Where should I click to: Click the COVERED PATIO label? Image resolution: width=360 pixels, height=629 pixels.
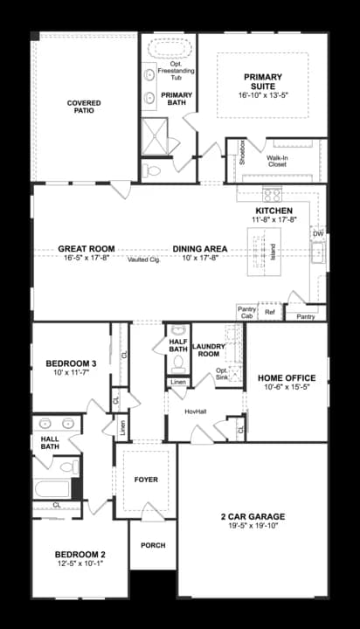(84, 107)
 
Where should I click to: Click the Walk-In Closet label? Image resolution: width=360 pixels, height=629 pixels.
(277, 160)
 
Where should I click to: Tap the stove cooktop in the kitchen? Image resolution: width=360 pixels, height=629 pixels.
(271, 195)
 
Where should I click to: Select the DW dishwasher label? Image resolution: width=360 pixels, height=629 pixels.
(318, 234)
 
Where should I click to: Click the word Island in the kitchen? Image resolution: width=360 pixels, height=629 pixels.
(273, 251)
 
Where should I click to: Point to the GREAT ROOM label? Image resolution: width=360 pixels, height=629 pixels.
(82, 249)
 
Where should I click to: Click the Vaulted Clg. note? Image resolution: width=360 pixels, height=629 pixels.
(142, 259)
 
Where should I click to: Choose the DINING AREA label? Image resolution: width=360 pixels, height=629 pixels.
(200, 249)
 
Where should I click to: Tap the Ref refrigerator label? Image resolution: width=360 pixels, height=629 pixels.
(269, 312)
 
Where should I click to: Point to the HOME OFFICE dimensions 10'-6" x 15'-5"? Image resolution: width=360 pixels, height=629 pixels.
(281, 389)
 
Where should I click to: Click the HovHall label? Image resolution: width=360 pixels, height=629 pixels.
(195, 410)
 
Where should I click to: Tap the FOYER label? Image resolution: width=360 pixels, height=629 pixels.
(146, 480)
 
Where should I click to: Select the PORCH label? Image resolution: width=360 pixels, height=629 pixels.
(153, 545)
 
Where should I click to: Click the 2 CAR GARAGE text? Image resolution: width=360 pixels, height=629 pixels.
(253, 516)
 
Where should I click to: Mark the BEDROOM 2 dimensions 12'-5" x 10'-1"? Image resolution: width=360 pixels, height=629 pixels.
(80, 565)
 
